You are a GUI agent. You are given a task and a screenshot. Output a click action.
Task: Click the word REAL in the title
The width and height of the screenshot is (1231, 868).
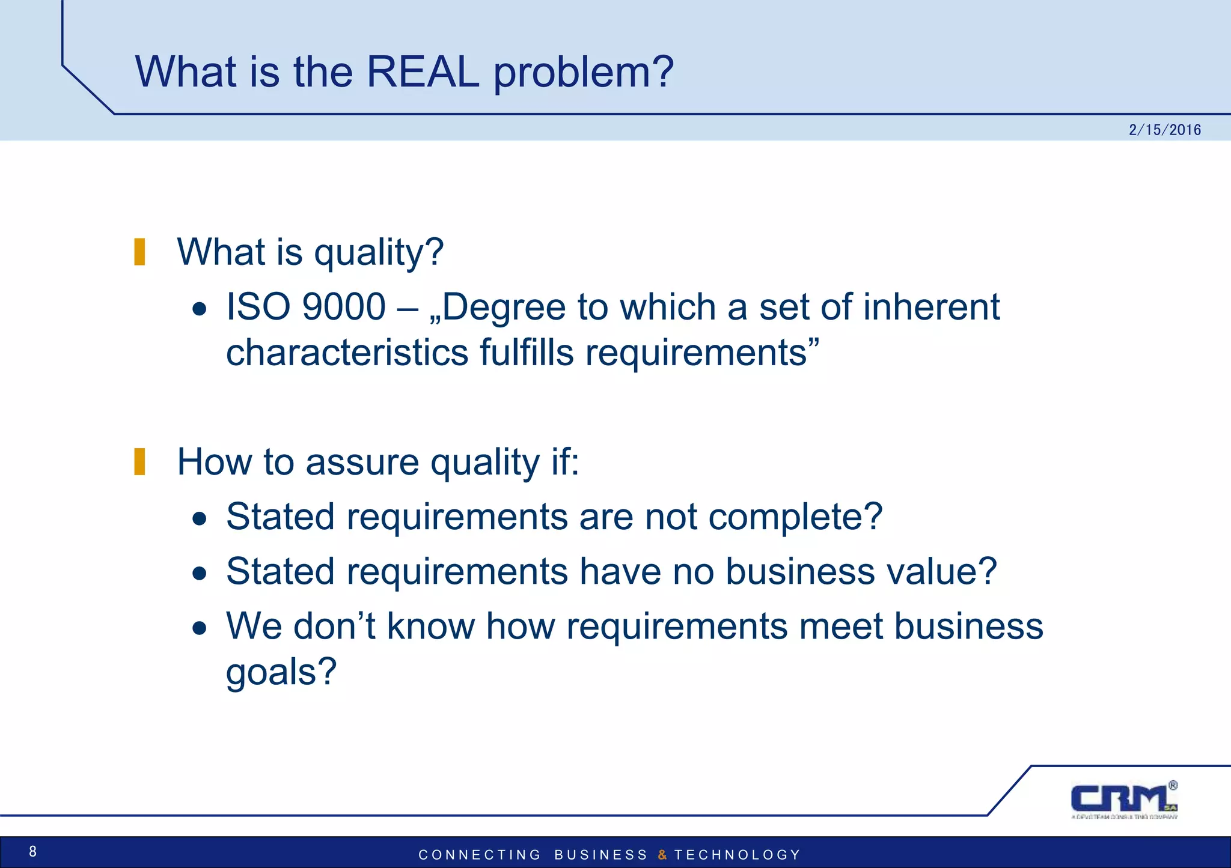point(423,72)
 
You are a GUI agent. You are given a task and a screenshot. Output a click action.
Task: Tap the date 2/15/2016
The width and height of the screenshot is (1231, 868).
point(1164,130)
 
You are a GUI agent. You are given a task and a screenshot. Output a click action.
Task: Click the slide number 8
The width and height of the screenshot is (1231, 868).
point(33,851)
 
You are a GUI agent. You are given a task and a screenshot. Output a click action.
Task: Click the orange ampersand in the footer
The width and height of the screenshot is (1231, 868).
point(662,855)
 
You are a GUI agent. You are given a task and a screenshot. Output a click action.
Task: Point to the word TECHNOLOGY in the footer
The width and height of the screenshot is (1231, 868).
point(737,855)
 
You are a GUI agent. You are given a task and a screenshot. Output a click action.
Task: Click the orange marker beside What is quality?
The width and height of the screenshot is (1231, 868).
point(139,252)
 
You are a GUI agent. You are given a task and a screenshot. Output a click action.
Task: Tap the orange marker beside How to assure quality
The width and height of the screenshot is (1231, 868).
point(139,462)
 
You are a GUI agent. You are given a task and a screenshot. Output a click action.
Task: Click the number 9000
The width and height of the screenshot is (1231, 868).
point(344,307)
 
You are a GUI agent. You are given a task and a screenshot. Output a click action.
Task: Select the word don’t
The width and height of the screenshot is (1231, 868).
point(334,626)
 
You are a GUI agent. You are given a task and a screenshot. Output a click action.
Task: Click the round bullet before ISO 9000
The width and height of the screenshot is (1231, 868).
point(200,310)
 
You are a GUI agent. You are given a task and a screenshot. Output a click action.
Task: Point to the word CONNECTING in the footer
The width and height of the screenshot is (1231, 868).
point(480,855)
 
